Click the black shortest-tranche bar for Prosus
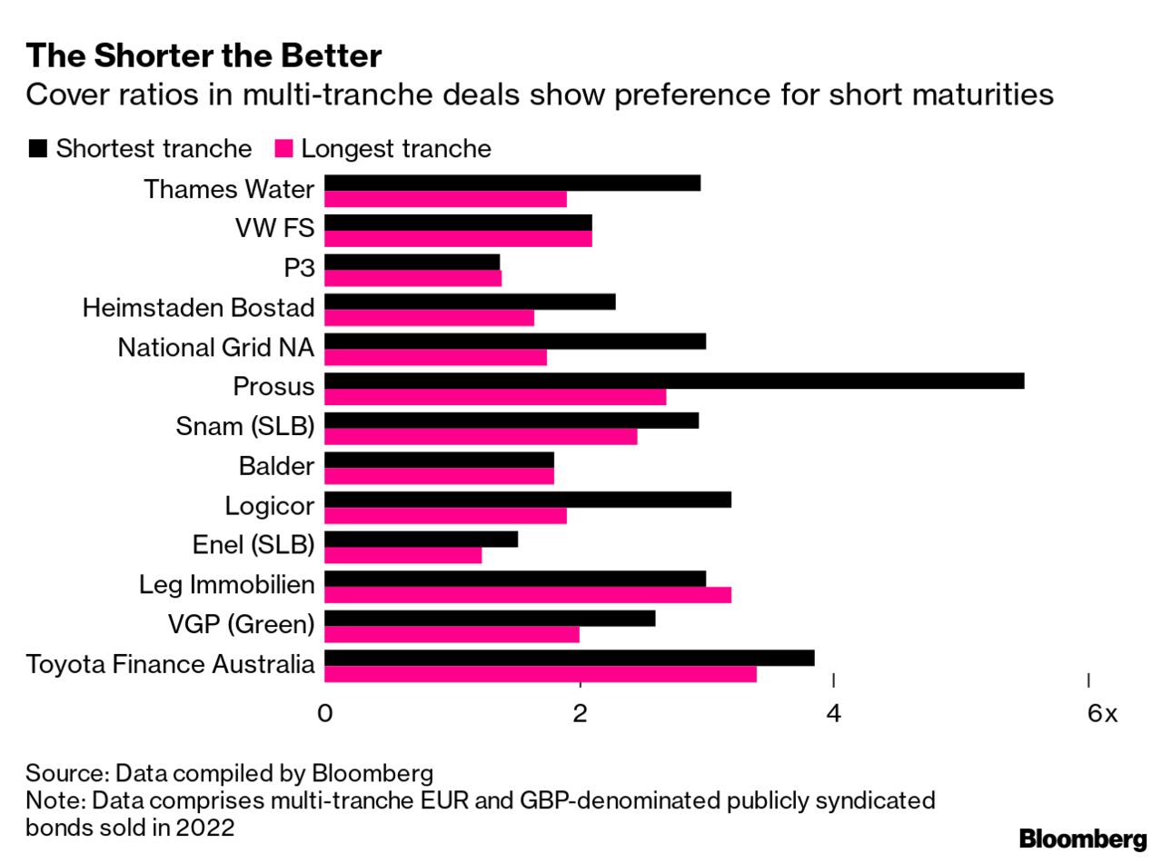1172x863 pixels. coord(673,381)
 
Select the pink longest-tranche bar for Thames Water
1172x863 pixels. coord(445,199)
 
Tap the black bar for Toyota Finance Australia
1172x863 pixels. coord(569,658)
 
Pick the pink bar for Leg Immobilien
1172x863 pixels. coord(527,595)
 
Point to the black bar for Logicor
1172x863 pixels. coord(527,500)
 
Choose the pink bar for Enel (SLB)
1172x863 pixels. coord(402,555)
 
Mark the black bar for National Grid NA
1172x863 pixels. coord(514,341)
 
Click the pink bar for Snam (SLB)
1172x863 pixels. coord(480,437)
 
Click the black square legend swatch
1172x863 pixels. coord(37,148)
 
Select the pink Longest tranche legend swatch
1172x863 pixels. coord(283,148)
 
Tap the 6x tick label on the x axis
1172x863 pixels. coord(1101,714)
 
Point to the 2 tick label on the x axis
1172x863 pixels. coord(580,714)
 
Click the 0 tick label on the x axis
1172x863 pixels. coord(324,714)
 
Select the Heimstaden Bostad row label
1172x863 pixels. coord(198,308)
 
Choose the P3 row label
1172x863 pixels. coord(299,268)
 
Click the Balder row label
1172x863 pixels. coord(276,466)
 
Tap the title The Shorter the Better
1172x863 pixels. coord(204,56)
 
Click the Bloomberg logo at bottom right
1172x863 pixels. coord(1082,838)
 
